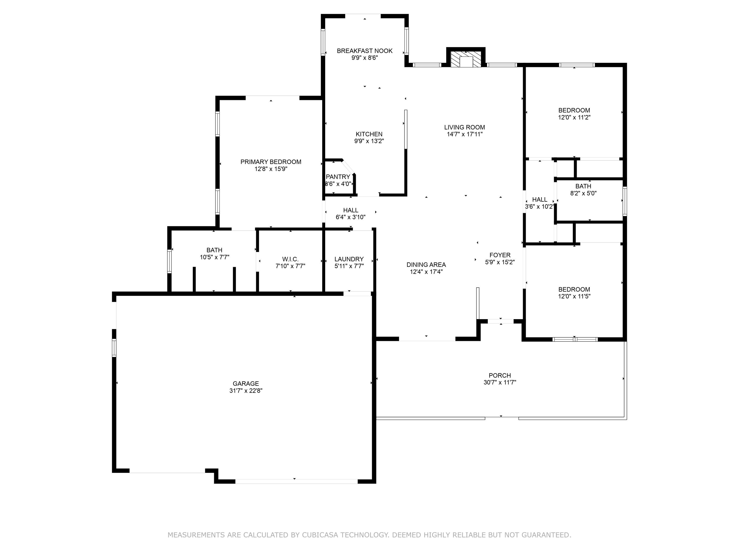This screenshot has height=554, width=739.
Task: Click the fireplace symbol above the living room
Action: click(x=466, y=59)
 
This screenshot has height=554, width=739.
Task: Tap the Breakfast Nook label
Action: click(x=365, y=51)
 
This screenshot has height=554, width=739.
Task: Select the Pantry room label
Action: click(x=338, y=177)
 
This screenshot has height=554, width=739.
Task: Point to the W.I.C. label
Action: click(x=290, y=259)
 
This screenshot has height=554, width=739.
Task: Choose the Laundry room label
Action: click(x=349, y=259)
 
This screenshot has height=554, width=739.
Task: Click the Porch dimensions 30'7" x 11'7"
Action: click(x=500, y=382)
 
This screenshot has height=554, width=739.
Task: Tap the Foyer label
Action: click(x=500, y=255)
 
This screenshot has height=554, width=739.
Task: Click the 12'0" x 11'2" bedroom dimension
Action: click(x=574, y=117)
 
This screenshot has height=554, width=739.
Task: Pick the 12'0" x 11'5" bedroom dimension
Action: click(x=574, y=296)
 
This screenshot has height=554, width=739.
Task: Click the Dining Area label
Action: click(x=426, y=265)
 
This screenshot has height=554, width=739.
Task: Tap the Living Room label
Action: click(x=464, y=127)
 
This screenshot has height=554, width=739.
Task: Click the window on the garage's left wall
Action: click(x=114, y=348)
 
